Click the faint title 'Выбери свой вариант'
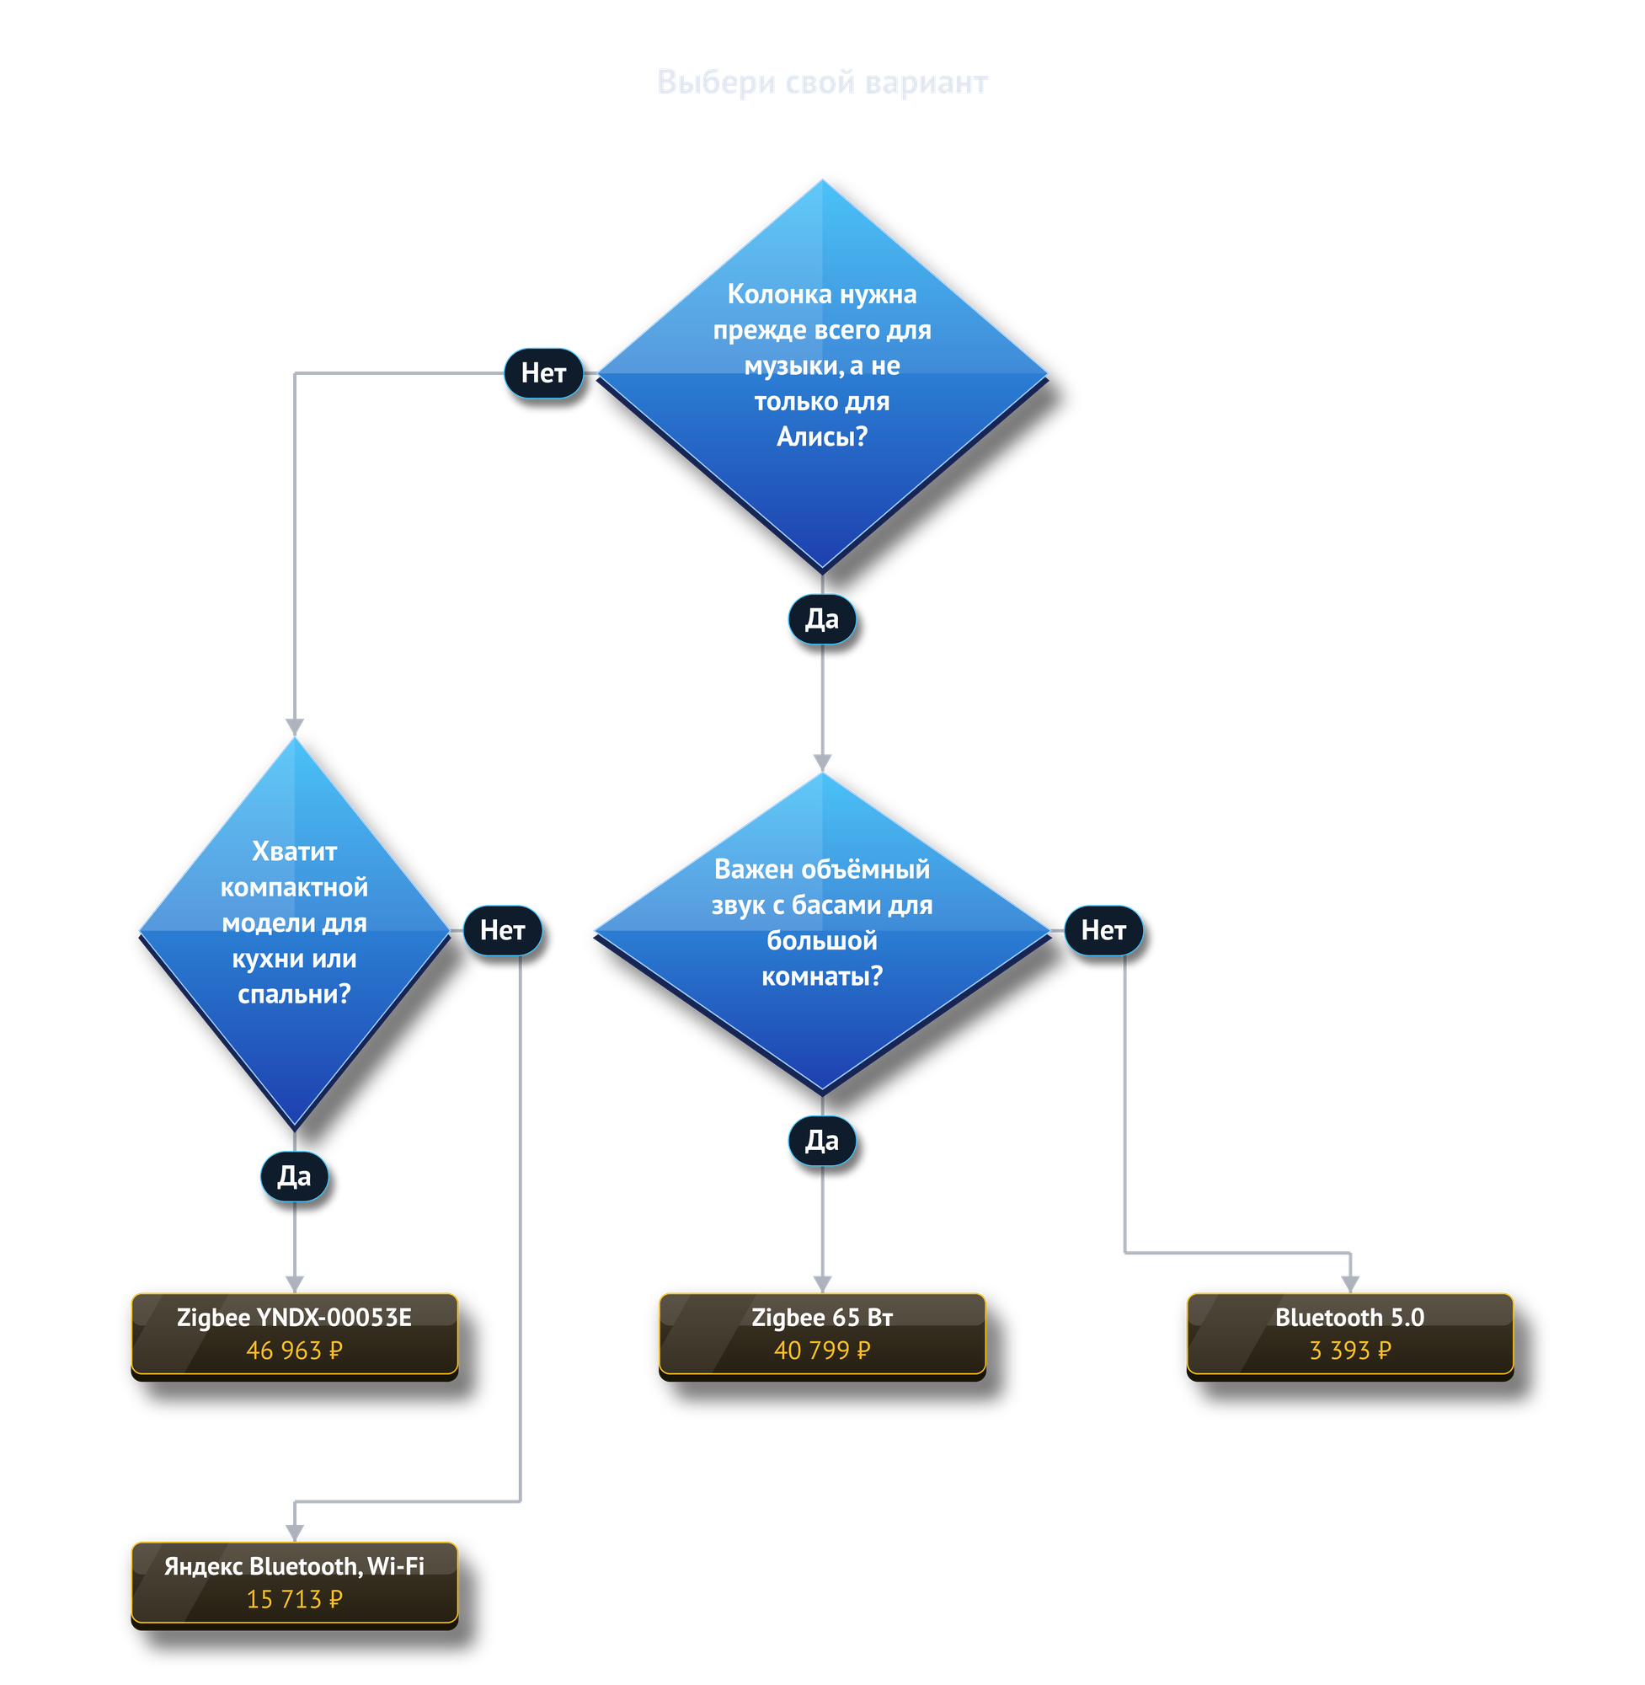pos(821,82)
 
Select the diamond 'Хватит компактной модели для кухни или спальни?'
pos(295,932)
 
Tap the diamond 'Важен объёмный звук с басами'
pos(821,932)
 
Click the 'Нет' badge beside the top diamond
pos(543,373)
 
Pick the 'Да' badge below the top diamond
pos(821,618)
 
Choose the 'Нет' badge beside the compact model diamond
pos(503,931)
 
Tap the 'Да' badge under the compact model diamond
pos(295,1176)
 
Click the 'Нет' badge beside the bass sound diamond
pos(1103,931)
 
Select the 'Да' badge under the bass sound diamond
pos(821,1141)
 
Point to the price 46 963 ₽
pos(295,1350)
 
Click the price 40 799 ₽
pos(821,1350)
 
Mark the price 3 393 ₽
pos(1350,1350)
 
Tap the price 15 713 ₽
pos(295,1599)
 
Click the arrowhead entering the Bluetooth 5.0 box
pos(1350,1285)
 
